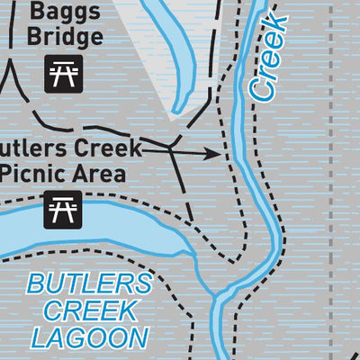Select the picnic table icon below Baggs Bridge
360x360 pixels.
[x=64, y=74]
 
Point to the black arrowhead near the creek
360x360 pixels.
[x=214, y=154]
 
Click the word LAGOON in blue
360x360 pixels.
[x=88, y=337]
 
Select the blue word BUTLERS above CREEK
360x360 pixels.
[x=88, y=285]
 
